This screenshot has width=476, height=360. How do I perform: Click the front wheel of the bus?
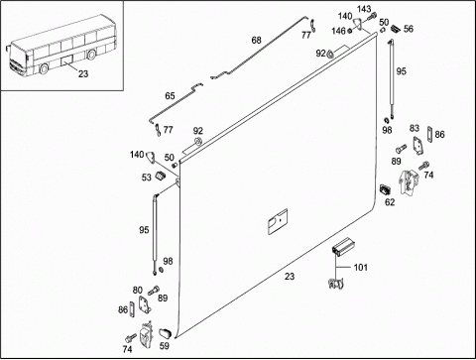44,68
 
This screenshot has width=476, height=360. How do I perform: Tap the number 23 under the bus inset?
83,73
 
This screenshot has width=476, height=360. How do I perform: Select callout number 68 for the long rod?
257,41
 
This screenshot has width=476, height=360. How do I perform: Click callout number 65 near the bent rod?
170,96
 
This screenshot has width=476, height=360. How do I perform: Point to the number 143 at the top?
364,9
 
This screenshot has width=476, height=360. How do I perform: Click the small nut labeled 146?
349,31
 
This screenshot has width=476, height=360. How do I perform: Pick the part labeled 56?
396,29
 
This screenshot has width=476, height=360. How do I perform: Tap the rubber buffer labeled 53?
161,176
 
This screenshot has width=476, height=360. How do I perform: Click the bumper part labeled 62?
385,189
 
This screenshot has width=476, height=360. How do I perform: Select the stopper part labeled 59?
165,333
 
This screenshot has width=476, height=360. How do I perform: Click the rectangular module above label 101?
342,246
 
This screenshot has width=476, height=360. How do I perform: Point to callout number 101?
361,267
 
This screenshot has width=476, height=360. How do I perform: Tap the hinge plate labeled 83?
417,146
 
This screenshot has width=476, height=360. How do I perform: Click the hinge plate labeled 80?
145,304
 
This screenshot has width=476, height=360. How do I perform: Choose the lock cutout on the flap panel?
278,221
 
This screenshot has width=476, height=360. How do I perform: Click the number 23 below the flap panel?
290,277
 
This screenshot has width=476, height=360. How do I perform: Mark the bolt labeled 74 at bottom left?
131,337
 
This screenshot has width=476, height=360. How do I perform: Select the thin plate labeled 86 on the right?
429,135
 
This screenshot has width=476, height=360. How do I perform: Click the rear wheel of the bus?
91,55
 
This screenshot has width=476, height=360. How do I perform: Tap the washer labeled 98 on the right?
386,120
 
